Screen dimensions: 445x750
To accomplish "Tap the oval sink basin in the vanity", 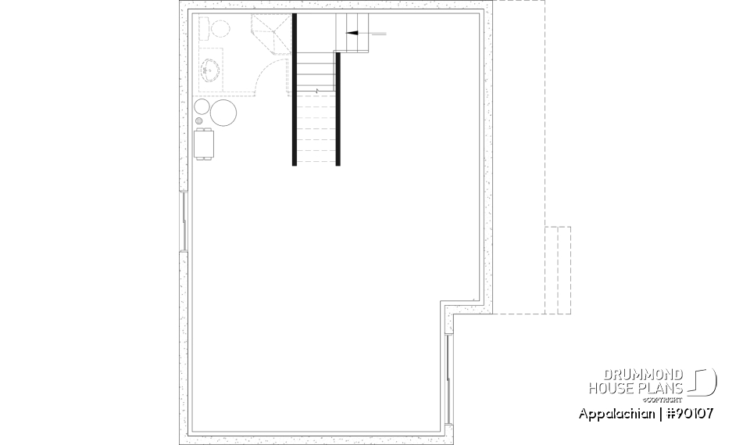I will coord(209,70).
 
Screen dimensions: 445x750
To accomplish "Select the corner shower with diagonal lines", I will coord(269,33).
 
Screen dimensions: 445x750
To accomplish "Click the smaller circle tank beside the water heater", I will coord(202,106).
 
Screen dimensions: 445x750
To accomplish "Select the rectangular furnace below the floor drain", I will coord(204,145).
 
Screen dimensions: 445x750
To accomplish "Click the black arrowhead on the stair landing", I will coord(351,34).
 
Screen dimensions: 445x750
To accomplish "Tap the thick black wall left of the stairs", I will coord(295,90).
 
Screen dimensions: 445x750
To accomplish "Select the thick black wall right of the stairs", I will coord(338,109).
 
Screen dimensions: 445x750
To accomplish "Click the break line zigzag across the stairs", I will coord(316,91).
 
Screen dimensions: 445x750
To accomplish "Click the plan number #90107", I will coord(691,413).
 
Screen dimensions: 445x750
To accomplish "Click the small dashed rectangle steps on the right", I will coord(558,270).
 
